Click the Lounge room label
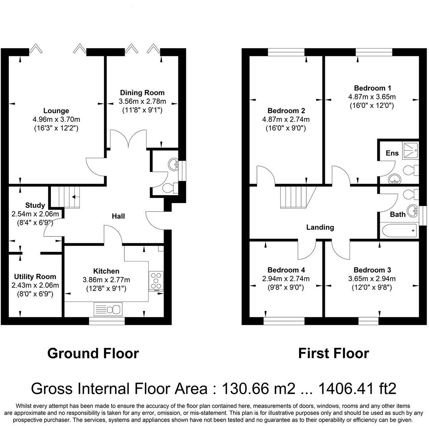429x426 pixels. pyautogui.click(x=56, y=111)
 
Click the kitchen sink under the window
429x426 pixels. pyautogui.click(x=108, y=309)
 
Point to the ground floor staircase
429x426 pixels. pyautogui.click(x=66, y=198)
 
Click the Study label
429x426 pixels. pyautogui.click(x=35, y=205)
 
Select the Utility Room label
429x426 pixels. pyautogui.click(x=35, y=277)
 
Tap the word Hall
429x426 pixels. pyautogui.click(x=118, y=216)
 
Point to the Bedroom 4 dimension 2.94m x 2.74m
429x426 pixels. pyautogui.click(x=286, y=279)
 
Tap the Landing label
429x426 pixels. pyautogui.click(x=320, y=227)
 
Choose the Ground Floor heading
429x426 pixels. pyautogui.click(x=93, y=353)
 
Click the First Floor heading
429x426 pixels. pyautogui.click(x=333, y=353)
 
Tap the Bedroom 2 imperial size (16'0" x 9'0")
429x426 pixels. pyautogui.click(x=286, y=128)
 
